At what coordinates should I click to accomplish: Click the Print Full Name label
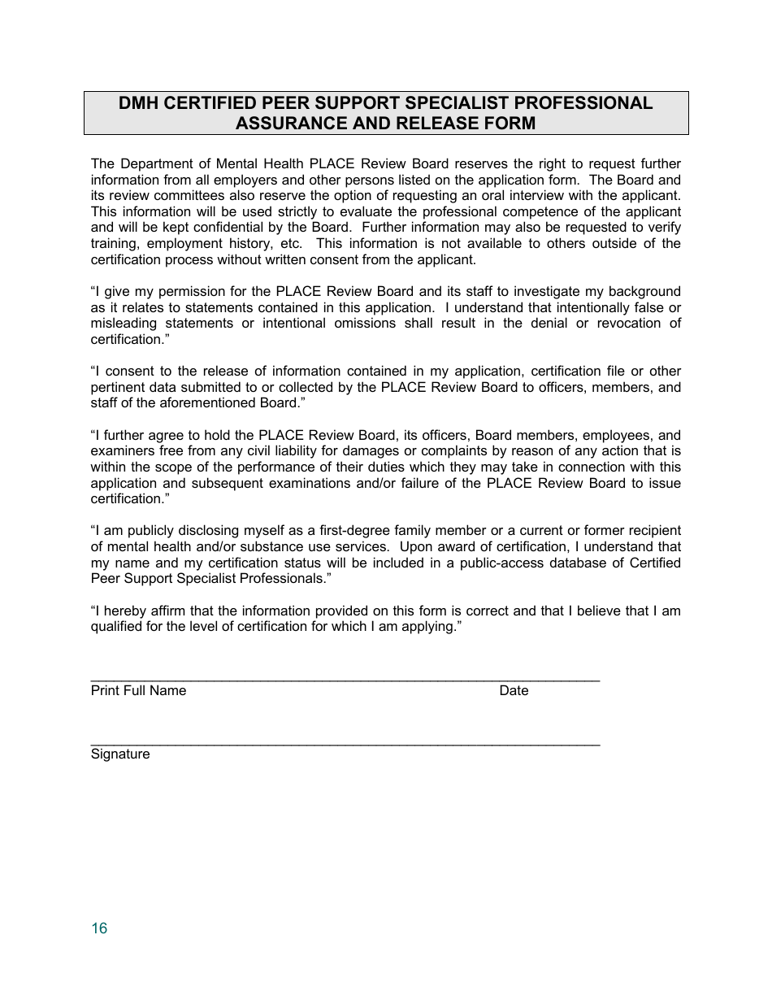(138, 690)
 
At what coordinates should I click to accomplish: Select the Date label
(514, 690)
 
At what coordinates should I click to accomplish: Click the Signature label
(120, 754)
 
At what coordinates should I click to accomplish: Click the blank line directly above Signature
(345, 743)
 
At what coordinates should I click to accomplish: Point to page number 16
(99, 928)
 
